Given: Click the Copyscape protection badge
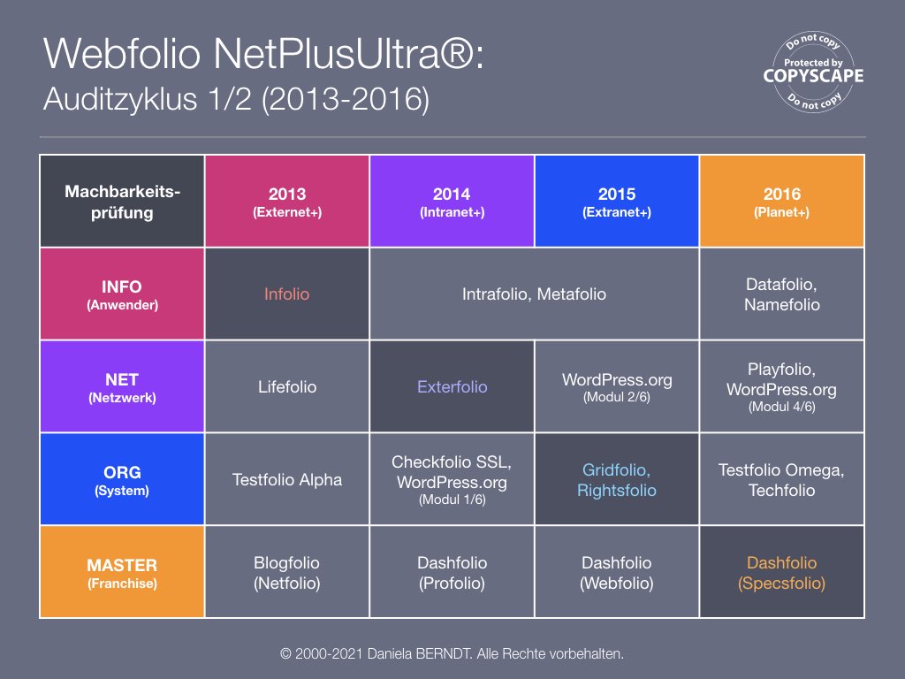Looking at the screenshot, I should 813,72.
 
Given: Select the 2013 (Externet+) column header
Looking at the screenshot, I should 287,202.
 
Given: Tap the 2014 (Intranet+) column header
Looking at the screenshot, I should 452,202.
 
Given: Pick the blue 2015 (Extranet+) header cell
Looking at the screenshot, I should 617,202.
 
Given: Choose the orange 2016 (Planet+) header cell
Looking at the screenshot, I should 782,202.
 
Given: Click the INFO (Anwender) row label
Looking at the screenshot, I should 122,294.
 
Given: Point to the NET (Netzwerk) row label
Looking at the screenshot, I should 122,387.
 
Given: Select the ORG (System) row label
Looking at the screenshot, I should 122,480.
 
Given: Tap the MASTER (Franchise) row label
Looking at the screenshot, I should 122,572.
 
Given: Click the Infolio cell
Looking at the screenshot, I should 287,294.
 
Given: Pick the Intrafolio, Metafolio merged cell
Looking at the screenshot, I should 535,294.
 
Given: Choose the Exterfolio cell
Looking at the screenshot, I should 452,387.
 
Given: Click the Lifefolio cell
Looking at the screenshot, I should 287,387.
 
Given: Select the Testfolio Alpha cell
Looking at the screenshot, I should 287,480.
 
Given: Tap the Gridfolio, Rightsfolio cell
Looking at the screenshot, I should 617,480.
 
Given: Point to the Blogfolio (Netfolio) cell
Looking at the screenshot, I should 287,572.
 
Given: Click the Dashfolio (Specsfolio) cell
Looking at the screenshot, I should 782,572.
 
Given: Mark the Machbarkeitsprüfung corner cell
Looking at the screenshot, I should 122,202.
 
